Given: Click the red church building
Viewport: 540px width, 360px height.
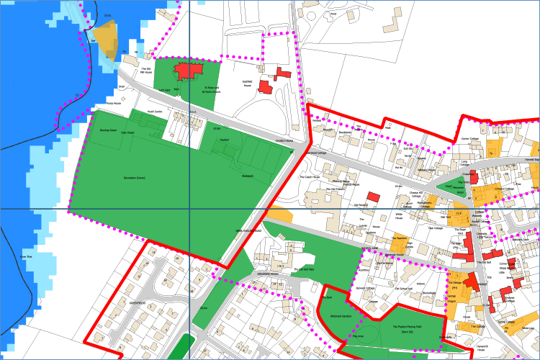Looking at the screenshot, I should (191, 71).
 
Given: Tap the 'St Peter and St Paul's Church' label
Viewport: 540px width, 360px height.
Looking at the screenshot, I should (211, 90).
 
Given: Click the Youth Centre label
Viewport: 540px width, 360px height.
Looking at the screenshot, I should (155, 112).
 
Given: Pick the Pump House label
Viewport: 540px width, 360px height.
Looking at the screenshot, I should (106, 104).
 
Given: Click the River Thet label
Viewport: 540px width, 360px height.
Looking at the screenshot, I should (26, 257).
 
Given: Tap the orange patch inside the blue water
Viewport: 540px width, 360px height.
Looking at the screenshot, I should (105, 39).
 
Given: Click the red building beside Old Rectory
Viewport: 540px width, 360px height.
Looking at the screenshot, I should (372, 197).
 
